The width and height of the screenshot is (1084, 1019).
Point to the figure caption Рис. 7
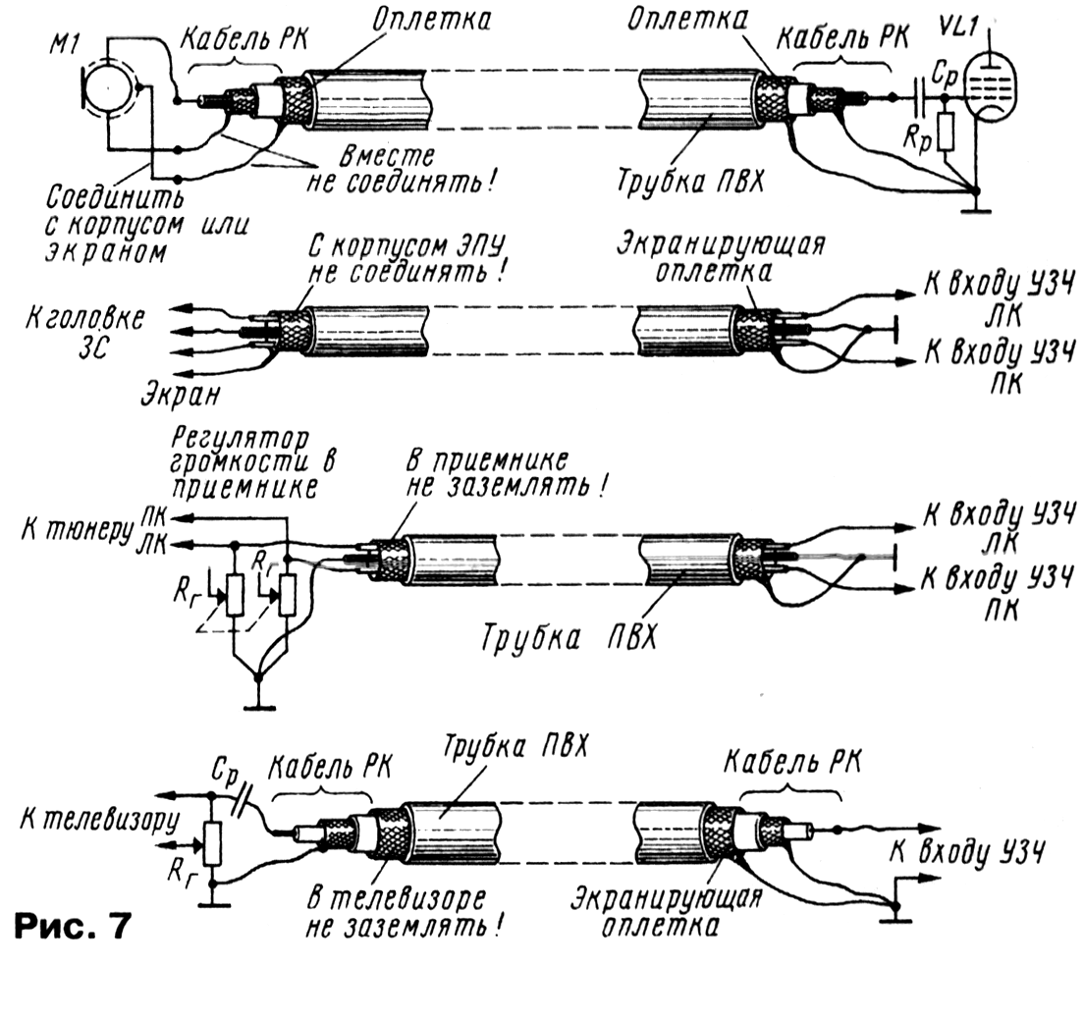tap(72, 927)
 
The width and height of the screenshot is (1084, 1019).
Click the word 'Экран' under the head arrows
tap(181, 393)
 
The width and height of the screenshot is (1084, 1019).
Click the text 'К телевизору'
tap(99, 821)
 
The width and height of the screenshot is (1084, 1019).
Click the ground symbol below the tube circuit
tap(975, 208)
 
